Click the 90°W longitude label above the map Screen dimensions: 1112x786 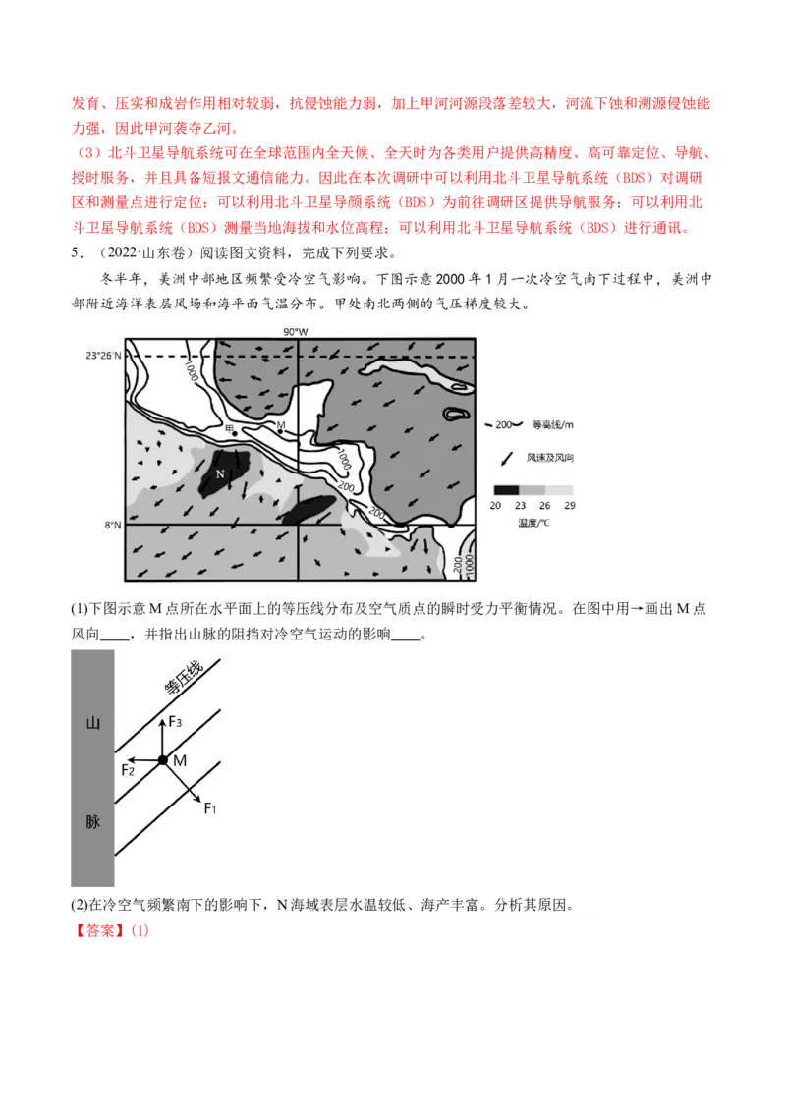[296, 332]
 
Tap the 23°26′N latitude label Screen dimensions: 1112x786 [104, 355]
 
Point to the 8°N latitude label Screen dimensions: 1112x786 [111, 526]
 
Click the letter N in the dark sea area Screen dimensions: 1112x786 [220, 473]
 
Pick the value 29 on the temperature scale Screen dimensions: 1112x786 [568, 505]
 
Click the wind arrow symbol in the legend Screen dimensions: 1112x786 [505, 457]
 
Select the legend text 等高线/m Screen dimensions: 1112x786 [550, 425]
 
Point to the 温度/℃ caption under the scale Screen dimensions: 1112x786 [533, 523]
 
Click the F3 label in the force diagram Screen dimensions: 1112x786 [175, 722]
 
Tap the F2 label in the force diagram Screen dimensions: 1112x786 [129, 770]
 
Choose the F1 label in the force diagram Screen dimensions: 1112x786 [209, 807]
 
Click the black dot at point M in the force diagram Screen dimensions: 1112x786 [162, 760]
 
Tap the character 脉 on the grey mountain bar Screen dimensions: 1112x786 [92, 821]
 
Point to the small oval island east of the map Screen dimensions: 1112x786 [456, 415]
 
